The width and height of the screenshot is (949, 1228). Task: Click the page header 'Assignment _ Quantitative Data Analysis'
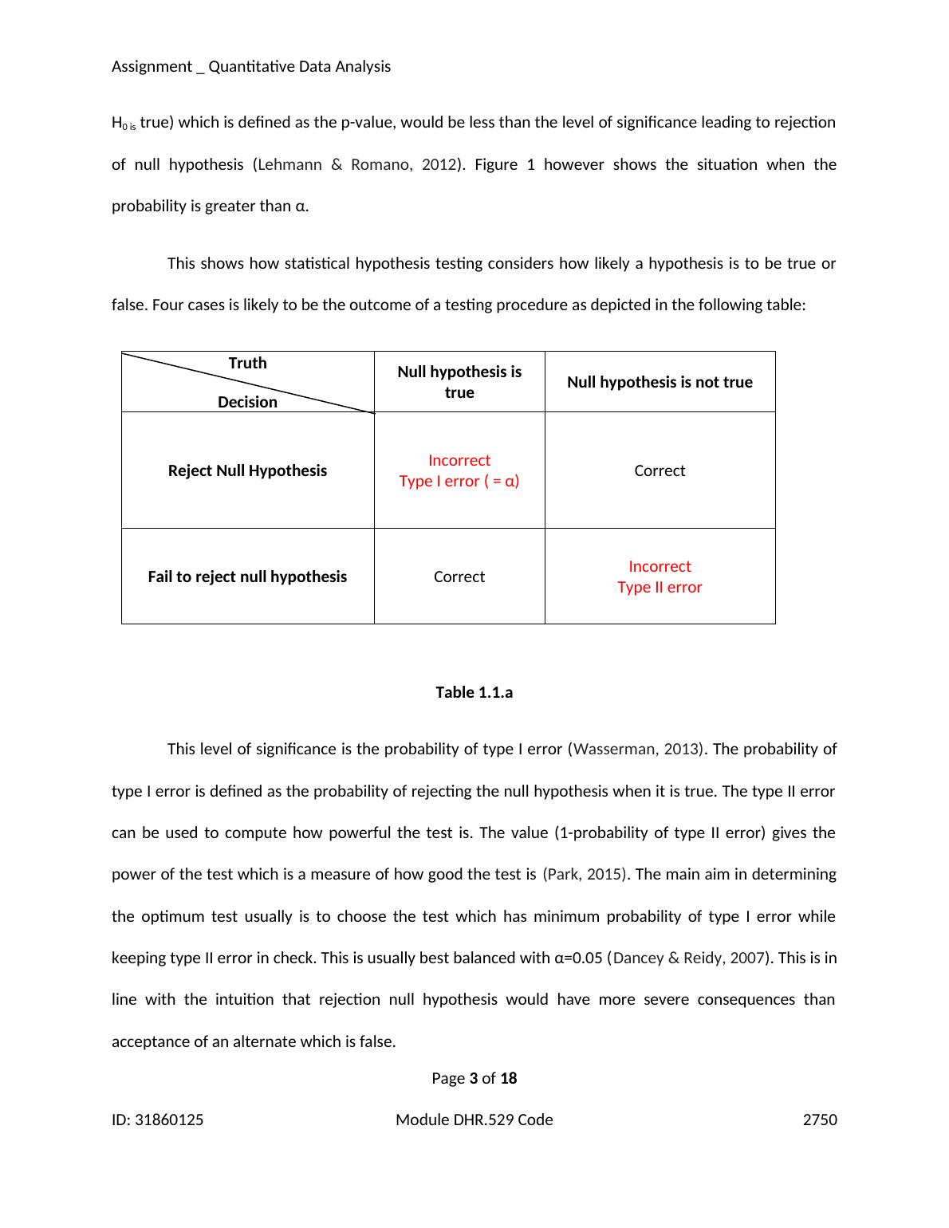tap(251, 66)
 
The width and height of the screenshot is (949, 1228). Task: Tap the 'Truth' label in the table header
tap(247, 363)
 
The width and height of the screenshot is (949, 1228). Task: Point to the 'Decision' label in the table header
tap(247, 402)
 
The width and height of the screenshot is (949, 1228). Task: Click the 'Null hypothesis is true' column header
tap(459, 382)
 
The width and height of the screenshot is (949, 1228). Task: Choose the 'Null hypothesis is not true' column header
tap(660, 382)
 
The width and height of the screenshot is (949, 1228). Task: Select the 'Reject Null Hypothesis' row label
tap(247, 470)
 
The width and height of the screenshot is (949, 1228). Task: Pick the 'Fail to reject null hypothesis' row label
tap(247, 577)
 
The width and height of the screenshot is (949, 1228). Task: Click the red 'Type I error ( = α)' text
tap(459, 481)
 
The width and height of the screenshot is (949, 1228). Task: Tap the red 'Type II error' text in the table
tap(660, 587)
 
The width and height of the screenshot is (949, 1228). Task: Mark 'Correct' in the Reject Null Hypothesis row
tap(660, 470)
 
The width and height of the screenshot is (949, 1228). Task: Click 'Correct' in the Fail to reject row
tap(459, 577)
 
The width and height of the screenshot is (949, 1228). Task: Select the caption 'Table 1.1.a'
tap(474, 692)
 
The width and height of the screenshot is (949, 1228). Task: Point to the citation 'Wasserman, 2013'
tap(638, 749)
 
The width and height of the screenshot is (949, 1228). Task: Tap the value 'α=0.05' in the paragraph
tap(577, 958)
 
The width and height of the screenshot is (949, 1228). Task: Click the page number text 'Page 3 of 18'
tap(474, 1078)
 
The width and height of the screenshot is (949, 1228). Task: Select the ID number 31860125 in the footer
tap(169, 1120)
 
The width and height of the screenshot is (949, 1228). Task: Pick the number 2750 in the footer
tap(820, 1120)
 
